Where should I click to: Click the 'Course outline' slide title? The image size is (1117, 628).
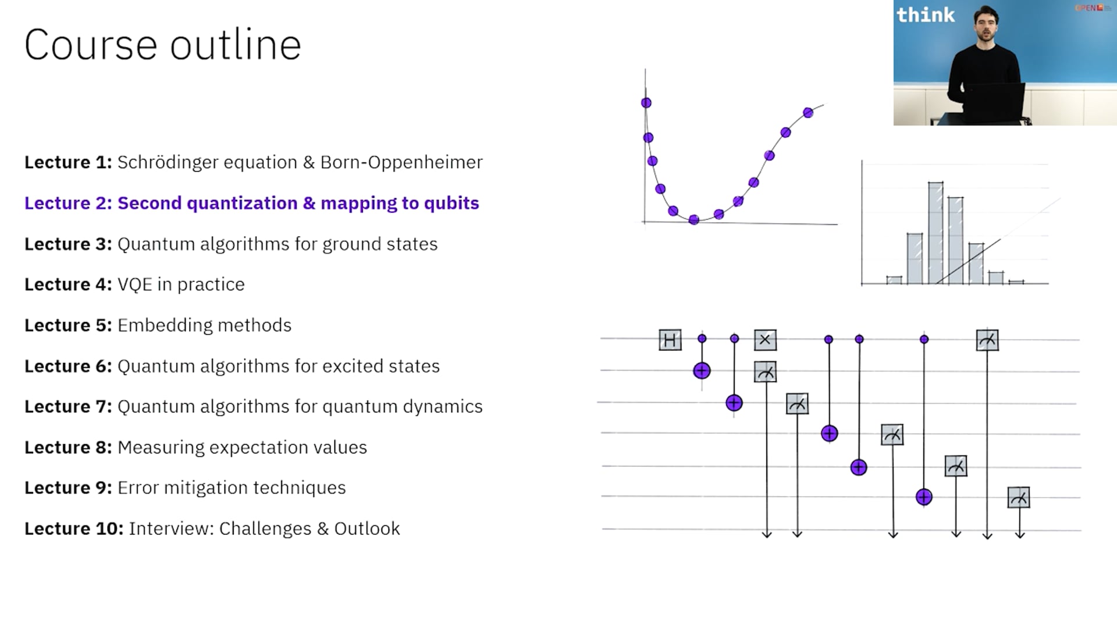point(163,45)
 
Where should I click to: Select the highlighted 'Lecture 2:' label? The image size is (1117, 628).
point(68,203)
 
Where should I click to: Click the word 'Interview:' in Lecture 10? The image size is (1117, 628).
point(171,529)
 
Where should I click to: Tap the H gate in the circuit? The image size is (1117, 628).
point(670,340)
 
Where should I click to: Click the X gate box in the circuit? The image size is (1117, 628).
point(765,340)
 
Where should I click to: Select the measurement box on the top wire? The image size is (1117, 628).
point(987,340)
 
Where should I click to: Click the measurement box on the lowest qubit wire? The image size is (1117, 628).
point(1019,498)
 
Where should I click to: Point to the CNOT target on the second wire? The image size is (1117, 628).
point(702,370)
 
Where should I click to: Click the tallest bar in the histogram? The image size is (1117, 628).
point(935,233)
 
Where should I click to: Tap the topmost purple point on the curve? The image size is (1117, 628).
point(646,103)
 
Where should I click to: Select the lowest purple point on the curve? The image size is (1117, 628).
point(693,220)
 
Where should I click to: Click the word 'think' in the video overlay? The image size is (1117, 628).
point(925,15)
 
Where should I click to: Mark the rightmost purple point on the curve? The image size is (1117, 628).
point(808,113)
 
